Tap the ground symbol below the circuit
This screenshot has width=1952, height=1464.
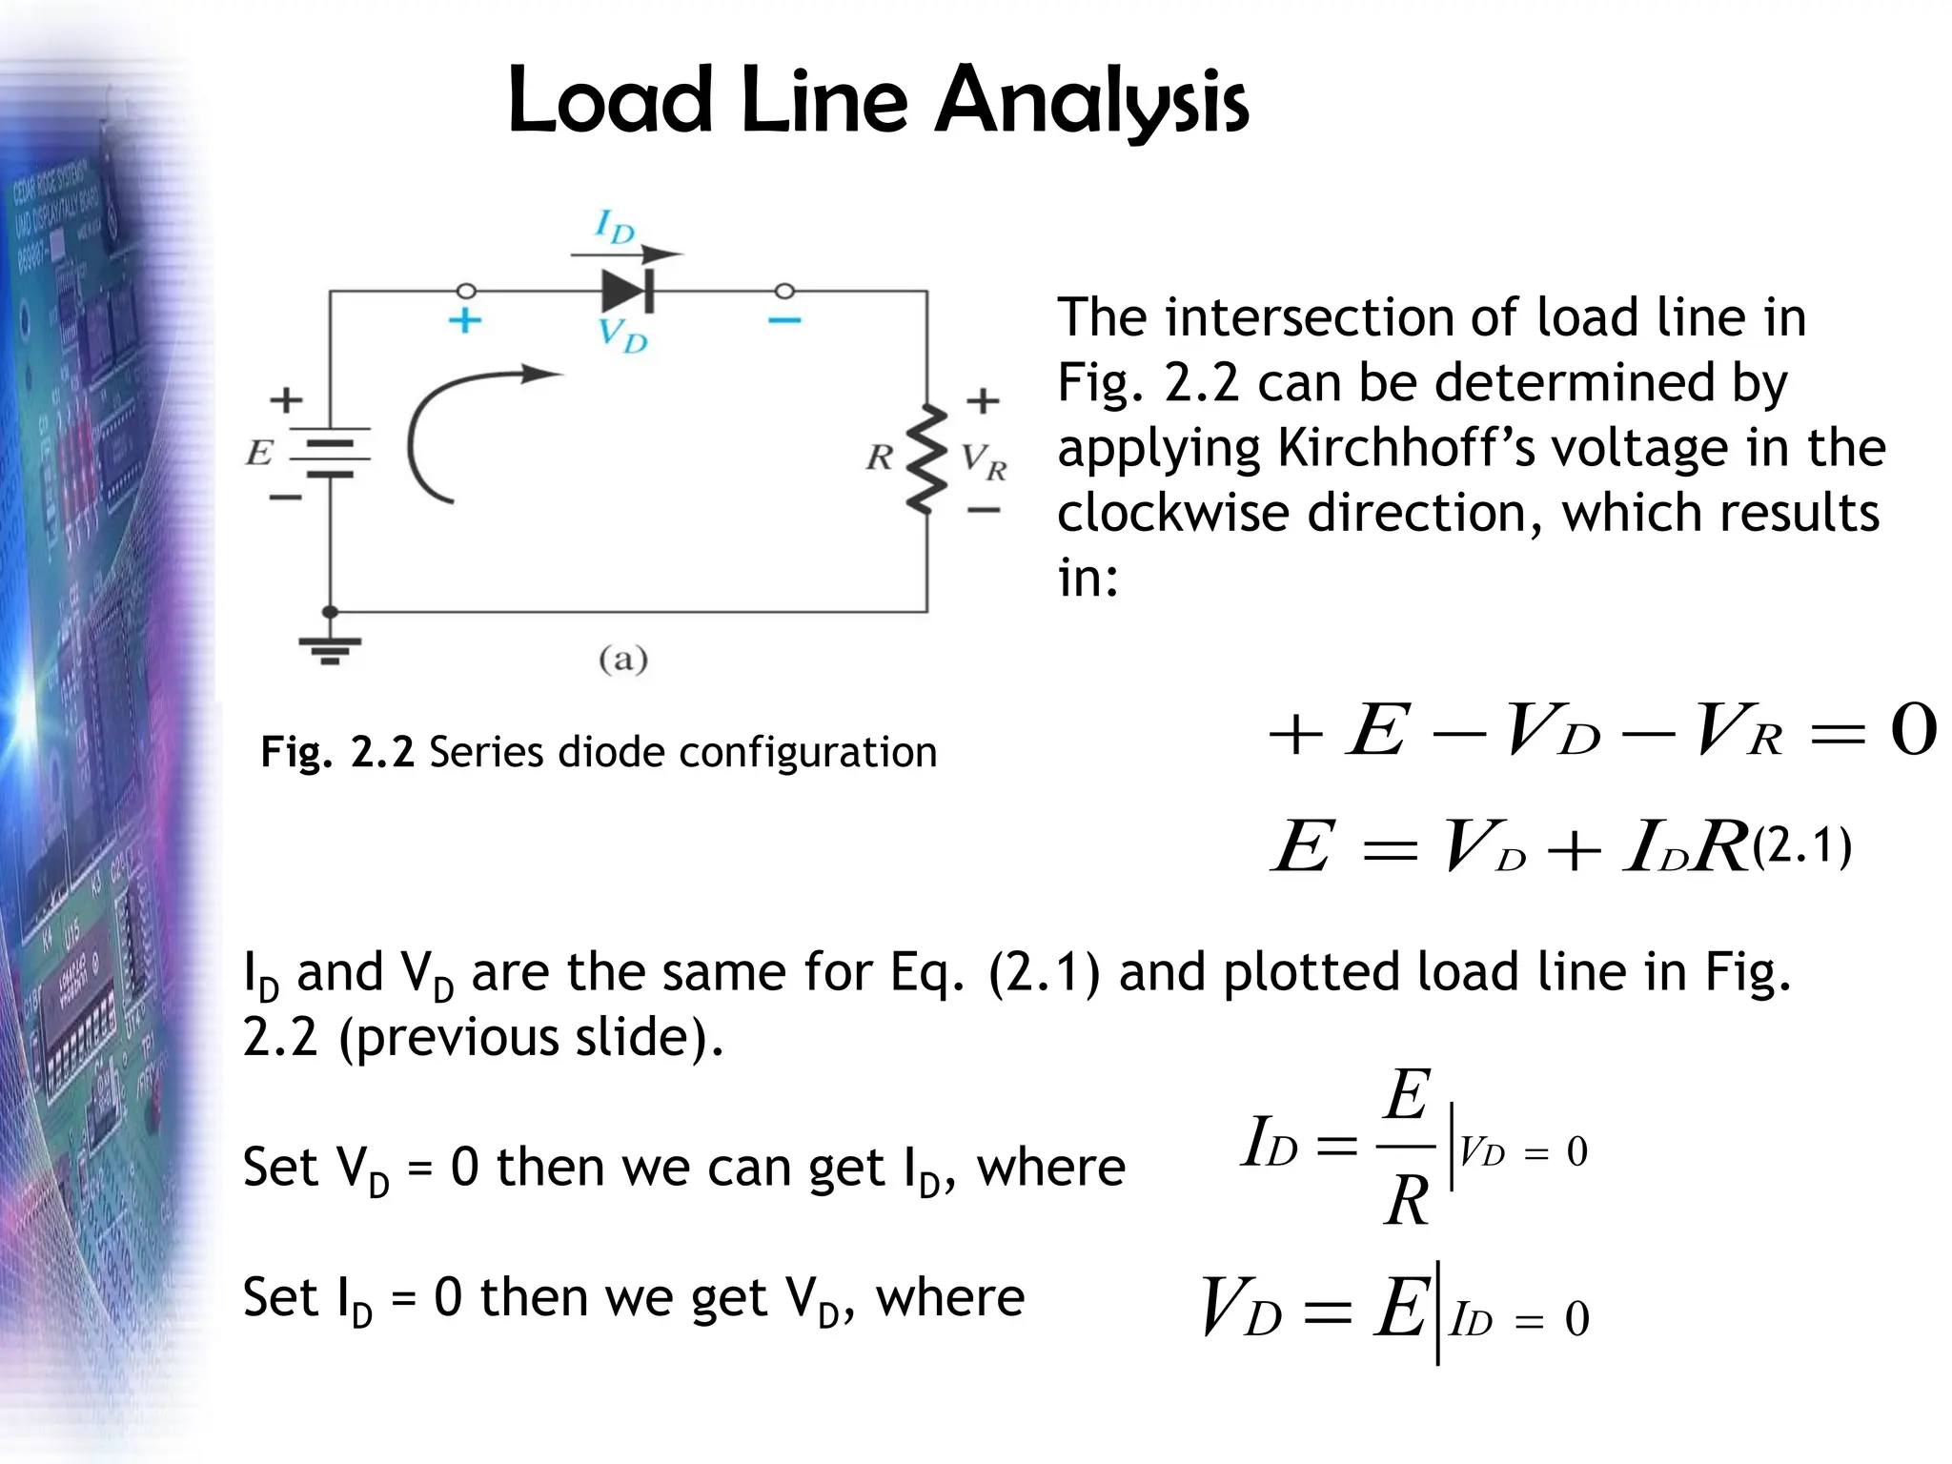point(330,647)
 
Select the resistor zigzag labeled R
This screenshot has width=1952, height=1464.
point(925,458)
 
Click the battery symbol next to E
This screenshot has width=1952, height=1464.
point(330,454)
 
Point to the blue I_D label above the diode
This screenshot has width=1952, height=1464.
point(615,227)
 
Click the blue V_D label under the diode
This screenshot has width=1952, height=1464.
point(621,335)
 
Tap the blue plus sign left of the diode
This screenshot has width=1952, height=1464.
point(464,320)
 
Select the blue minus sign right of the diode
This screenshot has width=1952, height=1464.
point(784,320)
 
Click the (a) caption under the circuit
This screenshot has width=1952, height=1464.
point(623,659)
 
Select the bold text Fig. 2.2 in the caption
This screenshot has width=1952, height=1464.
point(336,752)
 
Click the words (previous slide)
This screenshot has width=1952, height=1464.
point(531,1037)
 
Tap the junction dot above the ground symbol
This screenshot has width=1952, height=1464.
point(330,611)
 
